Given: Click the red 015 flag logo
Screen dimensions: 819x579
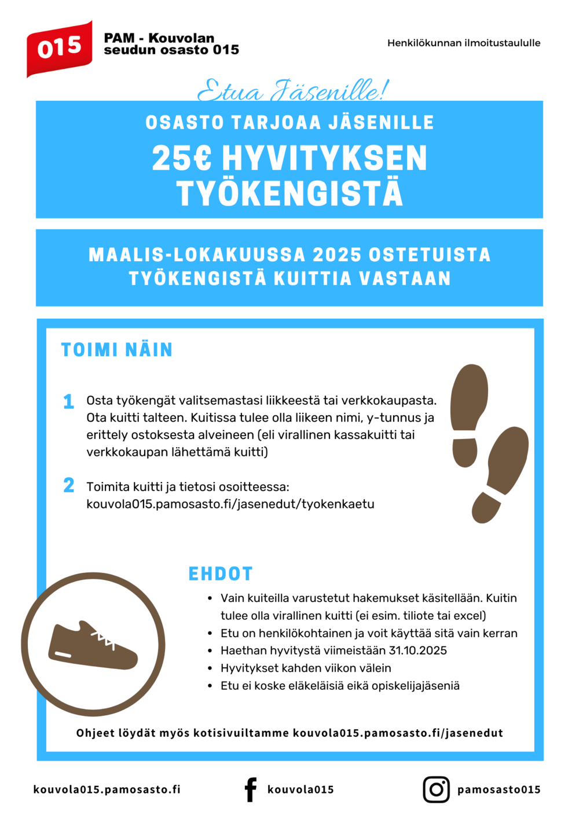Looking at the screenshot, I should tap(59, 48).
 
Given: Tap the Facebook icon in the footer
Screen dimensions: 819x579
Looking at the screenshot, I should tap(250, 789).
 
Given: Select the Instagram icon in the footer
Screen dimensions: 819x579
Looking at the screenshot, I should tap(436, 789).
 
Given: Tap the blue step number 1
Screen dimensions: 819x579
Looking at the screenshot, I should tap(68, 401).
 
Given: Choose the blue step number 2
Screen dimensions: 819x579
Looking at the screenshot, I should tap(68, 485).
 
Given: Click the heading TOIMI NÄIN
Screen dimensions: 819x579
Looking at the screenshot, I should tap(117, 350).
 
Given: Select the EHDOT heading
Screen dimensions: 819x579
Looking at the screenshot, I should tap(221, 574).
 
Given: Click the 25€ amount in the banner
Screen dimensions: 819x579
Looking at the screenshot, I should tap(182, 158).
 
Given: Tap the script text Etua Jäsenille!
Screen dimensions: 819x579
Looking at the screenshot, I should tap(293, 90).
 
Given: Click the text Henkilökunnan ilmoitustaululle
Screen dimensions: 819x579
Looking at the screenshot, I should tap(464, 43).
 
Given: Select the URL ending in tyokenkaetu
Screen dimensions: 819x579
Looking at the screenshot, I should tap(230, 504).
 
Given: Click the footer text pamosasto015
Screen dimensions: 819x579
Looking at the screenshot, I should tap(499, 789).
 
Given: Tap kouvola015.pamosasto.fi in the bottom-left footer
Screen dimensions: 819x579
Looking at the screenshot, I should tap(107, 789).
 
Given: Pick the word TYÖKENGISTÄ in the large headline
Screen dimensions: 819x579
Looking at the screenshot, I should tap(289, 193).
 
